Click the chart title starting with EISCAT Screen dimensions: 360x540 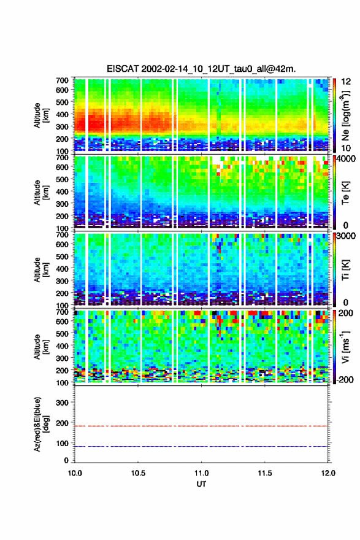pos(201,69)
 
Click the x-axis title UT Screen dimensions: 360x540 pos(201,484)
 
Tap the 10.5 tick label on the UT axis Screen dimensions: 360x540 pos(138,473)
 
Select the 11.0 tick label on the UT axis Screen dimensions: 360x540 pos(201,473)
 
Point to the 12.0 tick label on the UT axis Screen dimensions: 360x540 pos(328,473)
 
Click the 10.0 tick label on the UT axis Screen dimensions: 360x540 pos(75,473)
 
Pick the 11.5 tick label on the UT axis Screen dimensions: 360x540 pos(265,473)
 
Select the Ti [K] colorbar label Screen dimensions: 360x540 pos(345,269)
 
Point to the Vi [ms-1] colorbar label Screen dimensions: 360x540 pos(345,347)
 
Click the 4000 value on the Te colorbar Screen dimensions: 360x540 pos(347,160)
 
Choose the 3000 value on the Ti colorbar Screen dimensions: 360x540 pos(347,236)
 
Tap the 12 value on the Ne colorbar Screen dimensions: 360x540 pos(346,82)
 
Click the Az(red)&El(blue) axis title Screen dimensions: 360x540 pos(41,424)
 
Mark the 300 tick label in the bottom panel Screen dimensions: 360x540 pos(63,403)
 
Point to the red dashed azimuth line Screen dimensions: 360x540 pos(201,426)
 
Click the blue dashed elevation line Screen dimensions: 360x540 pos(201,446)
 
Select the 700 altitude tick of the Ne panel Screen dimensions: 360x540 pos(63,80)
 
